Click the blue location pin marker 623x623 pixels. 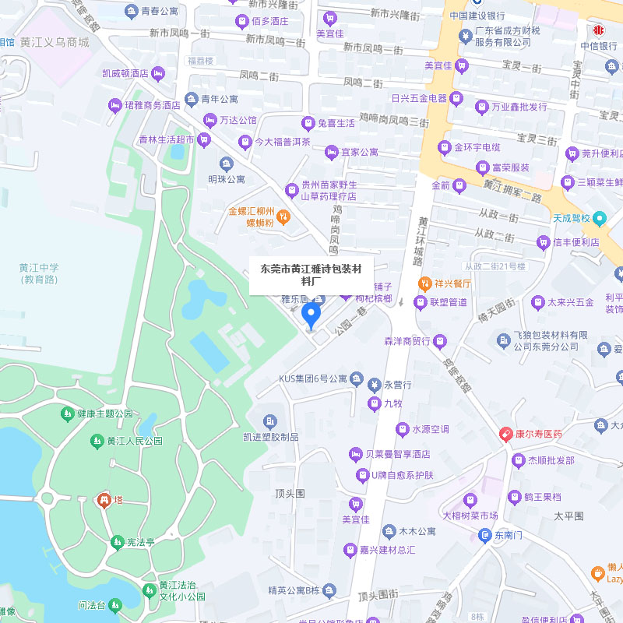[x=311, y=315]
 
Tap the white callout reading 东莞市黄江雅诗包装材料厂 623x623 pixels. [x=311, y=276]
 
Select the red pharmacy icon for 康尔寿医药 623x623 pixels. [x=506, y=434]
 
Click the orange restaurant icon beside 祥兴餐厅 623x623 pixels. [x=424, y=283]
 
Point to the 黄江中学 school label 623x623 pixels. [x=39, y=273]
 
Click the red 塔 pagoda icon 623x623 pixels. [x=103, y=500]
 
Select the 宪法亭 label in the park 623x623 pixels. [x=141, y=542]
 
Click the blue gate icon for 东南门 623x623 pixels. [x=485, y=536]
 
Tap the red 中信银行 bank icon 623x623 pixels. [x=599, y=30]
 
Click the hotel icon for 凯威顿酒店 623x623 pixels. [x=159, y=74]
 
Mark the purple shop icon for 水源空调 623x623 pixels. [x=403, y=429]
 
